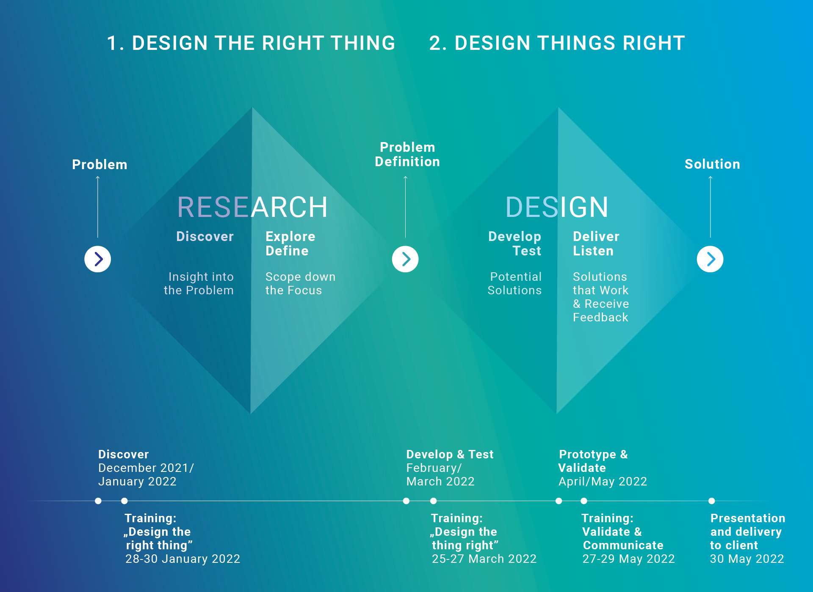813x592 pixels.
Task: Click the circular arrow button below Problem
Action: (x=98, y=259)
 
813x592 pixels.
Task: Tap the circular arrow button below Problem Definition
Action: (x=405, y=259)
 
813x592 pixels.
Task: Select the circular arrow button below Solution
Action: (x=710, y=259)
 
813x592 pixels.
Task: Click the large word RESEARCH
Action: (x=252, y=207)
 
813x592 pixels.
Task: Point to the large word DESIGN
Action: (x=557, y=207)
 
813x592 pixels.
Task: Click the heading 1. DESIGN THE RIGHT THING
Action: (x=251, y=43)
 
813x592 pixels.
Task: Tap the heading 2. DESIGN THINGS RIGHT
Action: (x=557, y=43)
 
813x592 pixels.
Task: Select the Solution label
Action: (x=712, y=164)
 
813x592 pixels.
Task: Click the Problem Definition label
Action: (x=407, y=154)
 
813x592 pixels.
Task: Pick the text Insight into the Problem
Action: (x=199, y=283)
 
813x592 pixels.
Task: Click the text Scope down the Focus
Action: (x=300, y=283)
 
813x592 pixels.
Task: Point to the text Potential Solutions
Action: (x=514, y=283)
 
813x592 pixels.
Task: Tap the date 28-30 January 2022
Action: (x=183, y=559)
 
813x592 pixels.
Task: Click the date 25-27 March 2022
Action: (x=484, y=559)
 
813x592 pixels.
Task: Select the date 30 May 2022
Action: (x=747, y=559)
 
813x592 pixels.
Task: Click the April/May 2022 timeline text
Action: (x=603, y=482)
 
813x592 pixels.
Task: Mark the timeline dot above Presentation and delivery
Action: (x=712, y=501)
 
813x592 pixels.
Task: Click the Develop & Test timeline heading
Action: (x=450, y=454)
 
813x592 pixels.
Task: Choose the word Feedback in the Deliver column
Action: (x=600, y=317)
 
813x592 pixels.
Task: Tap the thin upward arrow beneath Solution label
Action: (x=711, y=207)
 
